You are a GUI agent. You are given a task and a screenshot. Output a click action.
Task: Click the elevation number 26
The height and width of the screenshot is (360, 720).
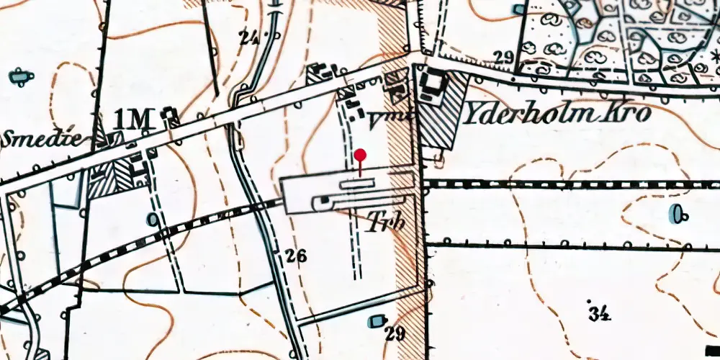point(296,256)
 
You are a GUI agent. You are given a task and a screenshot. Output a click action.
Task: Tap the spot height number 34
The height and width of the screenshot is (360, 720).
point(598,313)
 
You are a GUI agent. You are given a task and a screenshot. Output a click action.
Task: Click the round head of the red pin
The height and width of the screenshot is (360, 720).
point(361,155)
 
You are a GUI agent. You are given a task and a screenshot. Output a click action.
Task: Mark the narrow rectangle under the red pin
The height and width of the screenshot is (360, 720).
point(363,184)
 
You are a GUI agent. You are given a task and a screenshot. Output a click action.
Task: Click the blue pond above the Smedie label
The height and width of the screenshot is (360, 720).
point(19,75)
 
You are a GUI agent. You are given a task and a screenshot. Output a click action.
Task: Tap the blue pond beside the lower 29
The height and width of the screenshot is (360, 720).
point(376,320)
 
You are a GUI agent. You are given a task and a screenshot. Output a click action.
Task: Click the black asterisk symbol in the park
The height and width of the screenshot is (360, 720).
point(715,55)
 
